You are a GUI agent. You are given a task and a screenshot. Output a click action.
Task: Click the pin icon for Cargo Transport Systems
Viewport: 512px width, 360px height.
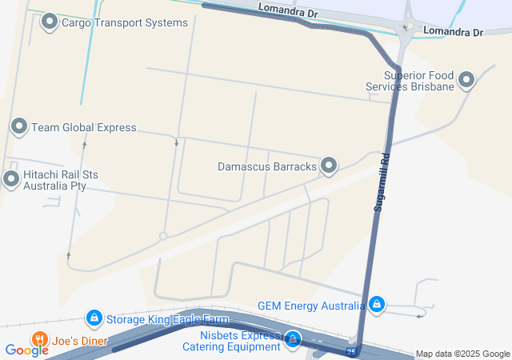50,22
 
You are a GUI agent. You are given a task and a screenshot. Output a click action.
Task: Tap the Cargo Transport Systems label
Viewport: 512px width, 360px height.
125,22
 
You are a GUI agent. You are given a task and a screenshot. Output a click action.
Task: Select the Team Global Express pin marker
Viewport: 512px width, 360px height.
18,126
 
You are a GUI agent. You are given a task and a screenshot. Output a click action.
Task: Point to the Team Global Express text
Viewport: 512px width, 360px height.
84,127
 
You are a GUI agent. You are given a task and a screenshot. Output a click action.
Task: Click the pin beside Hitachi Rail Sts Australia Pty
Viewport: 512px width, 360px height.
10,178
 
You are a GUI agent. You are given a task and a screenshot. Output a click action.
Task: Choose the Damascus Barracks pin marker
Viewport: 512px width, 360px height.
329,166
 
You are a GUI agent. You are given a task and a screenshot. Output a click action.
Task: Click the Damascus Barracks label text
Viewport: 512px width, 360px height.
267,166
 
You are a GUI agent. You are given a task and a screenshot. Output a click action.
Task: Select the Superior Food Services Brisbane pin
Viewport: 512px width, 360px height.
466,79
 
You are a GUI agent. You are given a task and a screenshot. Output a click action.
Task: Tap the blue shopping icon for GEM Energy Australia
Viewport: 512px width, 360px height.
377,304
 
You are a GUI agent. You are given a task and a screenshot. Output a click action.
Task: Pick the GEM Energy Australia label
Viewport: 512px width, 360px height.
310,305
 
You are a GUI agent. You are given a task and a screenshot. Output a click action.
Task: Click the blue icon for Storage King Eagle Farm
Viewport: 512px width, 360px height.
94,318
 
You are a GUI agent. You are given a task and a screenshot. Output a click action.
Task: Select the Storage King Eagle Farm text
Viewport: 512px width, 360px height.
167,320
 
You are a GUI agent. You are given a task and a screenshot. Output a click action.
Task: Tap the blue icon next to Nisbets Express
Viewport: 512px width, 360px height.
293,340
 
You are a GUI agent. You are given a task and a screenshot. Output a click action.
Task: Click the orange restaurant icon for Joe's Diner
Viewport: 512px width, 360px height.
38,339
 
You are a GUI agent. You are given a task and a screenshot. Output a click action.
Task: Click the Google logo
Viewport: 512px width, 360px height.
26,350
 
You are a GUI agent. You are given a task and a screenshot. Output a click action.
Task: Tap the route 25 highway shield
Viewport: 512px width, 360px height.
351,351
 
